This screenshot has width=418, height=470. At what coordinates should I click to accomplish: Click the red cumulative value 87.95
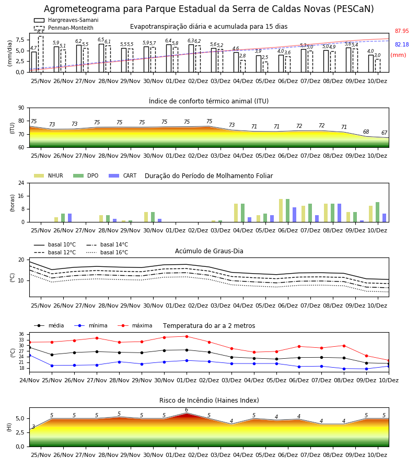click(402, 31)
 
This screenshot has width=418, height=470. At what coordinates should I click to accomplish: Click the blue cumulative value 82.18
click(402, 45)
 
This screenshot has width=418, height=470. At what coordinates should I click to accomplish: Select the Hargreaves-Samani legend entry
click(66, 20)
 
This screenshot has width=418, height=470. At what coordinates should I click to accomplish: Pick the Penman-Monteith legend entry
click(64, 28)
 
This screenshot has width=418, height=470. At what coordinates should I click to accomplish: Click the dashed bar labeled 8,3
click(41, 54)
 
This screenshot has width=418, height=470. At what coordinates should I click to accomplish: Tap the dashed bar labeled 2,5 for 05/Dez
click(265, 67)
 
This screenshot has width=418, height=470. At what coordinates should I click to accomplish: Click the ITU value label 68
click(366, 132)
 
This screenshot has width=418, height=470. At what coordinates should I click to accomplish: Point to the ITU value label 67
click(385, 133)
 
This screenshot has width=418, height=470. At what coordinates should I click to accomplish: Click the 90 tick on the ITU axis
click(21, 108)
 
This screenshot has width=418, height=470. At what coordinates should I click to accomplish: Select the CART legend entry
click(123, 175)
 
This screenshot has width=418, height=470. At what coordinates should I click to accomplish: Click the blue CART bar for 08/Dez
click(340, 213)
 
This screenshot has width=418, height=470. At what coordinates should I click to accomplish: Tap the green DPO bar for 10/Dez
click(378, 212)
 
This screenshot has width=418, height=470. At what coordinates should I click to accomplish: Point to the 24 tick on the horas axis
click(21, 183)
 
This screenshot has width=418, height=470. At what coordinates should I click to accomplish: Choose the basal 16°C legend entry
click(107, 252)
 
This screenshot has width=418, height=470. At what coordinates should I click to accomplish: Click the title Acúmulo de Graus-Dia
click(209, 251)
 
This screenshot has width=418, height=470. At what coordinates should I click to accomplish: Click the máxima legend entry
click(135, 325)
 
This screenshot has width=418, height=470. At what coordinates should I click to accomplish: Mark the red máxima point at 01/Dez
click(187, 337)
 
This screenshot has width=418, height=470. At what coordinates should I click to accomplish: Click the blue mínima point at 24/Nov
click(29, 356)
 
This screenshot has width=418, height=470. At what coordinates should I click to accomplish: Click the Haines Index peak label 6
click(187, 410)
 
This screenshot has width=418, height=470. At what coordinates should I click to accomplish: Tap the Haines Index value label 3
click(33, 427)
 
